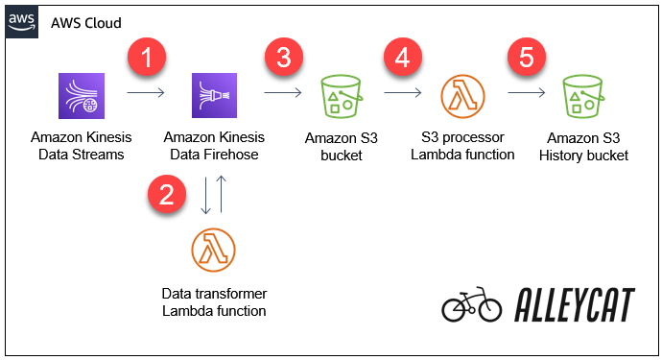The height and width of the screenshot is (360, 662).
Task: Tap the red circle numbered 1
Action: pyautogui.click(x=146, y=59)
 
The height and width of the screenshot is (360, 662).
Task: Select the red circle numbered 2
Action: pyautogui.click(x=167, y=196)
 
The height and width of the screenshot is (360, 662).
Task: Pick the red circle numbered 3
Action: pyautogui.click(x=282, y=58)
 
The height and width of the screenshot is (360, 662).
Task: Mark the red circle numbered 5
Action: pyautogui.click(x=525, y=59)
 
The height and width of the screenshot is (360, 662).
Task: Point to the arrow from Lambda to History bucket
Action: pyautogui.click(x=527, y=94)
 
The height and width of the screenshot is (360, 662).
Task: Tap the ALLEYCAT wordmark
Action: pyautogui.click(x=574, y=305)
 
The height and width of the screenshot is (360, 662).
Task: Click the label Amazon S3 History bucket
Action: pyautogui.click(x=587, y=147)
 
